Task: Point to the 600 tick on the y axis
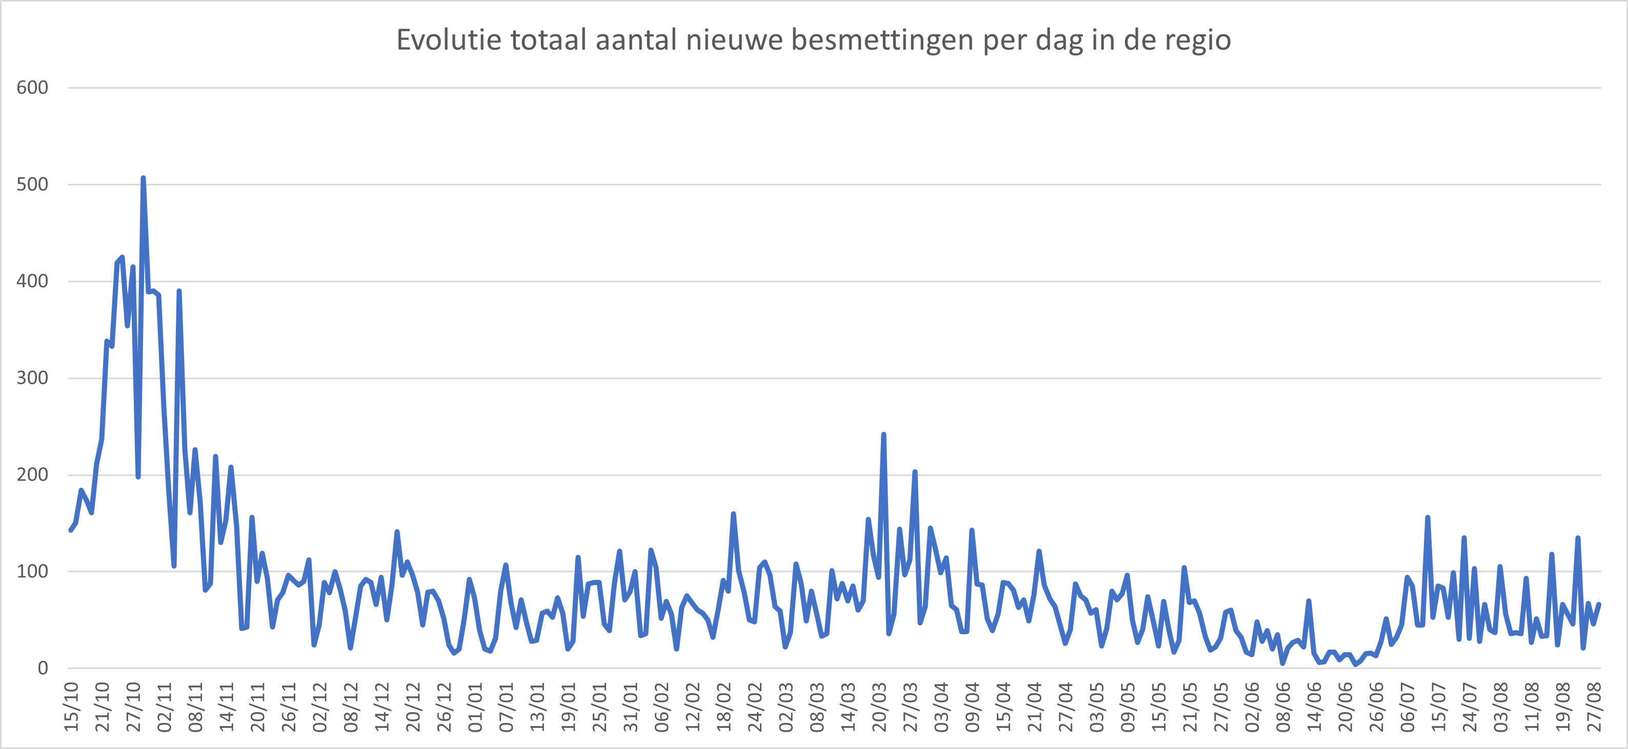(x=32, y=88)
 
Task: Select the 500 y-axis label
(x=32, y=184)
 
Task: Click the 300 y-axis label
(x=32, y=378)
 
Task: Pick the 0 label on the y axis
(x=43, y=668)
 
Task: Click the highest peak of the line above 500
(x=143, y=179)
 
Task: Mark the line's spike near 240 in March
(x=883, y=434)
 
